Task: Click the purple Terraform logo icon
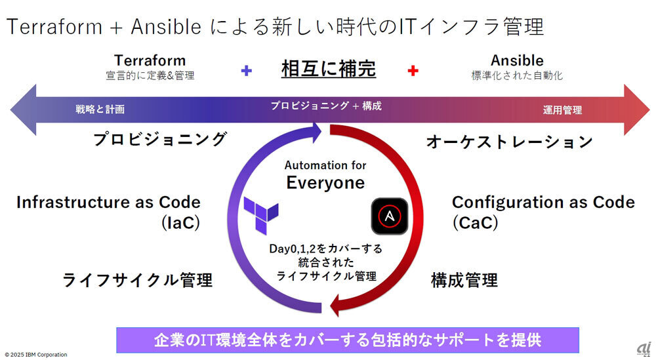point(260,214)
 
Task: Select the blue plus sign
point(247,70)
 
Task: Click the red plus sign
point(413,70)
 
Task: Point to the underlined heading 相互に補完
point(329,68)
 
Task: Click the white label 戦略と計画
point(100,109)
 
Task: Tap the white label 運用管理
point(562,110)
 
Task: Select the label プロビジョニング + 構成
point(327,106)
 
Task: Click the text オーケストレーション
point(510,142)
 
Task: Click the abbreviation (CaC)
point(475,223)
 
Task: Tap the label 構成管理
point(464,281)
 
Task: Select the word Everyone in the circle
point(325,182)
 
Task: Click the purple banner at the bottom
point(348,340)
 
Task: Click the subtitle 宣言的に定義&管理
point(150,75)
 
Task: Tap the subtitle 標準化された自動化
point(517,75)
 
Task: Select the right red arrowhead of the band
point(635,109)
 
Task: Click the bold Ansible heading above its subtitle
point(517,60)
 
